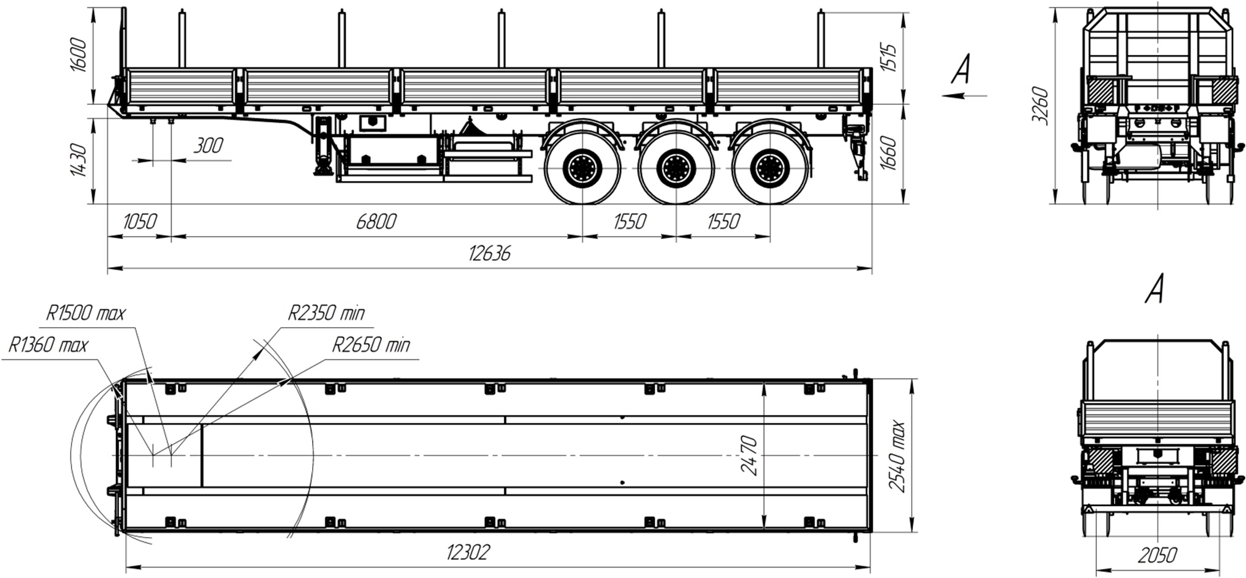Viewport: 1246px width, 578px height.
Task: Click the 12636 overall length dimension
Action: click(489, 253)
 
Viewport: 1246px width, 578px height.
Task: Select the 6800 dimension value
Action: click(376, 222)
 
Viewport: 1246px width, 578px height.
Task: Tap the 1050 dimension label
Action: click(140, 222)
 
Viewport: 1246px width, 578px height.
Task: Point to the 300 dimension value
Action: click(208, 146)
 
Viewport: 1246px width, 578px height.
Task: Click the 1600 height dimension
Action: click(79, 56)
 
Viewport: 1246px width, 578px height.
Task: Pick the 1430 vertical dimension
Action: click(79, 160)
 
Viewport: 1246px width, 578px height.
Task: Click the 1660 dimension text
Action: click(890, 154)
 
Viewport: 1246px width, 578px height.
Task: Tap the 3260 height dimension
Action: click(1041, 106)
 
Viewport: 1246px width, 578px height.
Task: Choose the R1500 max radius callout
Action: click(86, 314)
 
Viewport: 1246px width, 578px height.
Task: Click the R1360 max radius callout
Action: click(48, 345)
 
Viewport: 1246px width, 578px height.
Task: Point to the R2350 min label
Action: click(326, 314)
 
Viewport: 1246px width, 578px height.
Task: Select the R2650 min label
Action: click(371, 345)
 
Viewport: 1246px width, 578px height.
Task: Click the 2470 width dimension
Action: click(751, 455)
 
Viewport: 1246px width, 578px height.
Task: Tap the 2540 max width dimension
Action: click(897, 455)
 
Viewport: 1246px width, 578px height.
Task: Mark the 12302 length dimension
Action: click(468, 553)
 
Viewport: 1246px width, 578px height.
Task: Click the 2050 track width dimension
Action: click(1157, 556)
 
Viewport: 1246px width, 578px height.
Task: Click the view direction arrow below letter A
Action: click(963, 95)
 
